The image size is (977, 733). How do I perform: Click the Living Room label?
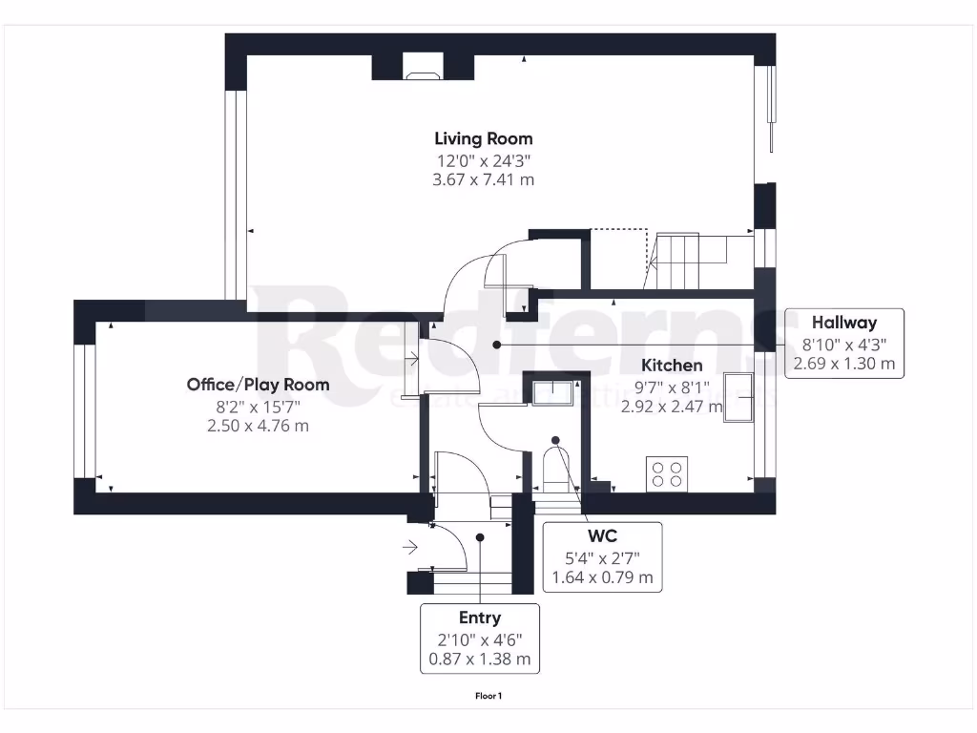(483, 138)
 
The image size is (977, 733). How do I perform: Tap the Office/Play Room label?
(258, 385)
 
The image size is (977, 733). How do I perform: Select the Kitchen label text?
(672, 366)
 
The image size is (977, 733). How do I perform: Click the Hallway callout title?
(843, 323)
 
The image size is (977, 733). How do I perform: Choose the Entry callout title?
(480, 618)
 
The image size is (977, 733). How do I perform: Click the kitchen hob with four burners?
(668, 473)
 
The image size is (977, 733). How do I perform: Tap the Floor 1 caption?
(488, 696)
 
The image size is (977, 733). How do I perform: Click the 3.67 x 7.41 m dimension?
(483, 179)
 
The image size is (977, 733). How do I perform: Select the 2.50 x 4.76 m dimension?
(258, 426)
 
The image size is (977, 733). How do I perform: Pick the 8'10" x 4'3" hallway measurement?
(843, 344)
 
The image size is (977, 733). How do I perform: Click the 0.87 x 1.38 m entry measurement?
(480, 660)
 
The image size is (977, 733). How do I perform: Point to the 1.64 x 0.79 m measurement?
(601, 577)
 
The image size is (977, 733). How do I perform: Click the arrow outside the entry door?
(410, 547)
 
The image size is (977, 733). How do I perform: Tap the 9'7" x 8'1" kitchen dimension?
(672, 387)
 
